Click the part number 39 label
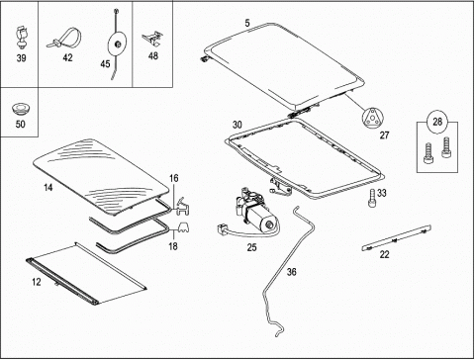click(x=21, y=58)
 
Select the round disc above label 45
click(x=116, y=44)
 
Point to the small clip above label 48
click(x=151, y=38)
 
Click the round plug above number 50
click(x=21, y=109)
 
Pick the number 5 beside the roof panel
click(x=247, y=23)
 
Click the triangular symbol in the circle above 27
click(x=373, y=117)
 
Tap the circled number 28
click(x=437, y=122)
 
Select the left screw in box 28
click(x=428, y=153)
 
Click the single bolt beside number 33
click(x=372, y=198)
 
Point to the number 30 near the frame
click(x=237, y=125)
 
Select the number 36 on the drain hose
click(x=291, y=272)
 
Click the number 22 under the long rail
click(x=385, y=254)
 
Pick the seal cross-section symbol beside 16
click(x=182, y=207)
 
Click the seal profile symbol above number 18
click(x=184, y=227)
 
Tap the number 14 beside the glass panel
click(x=48, y=188)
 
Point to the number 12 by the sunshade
click(x=37, y=282)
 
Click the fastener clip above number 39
click(x=22, y=37)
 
